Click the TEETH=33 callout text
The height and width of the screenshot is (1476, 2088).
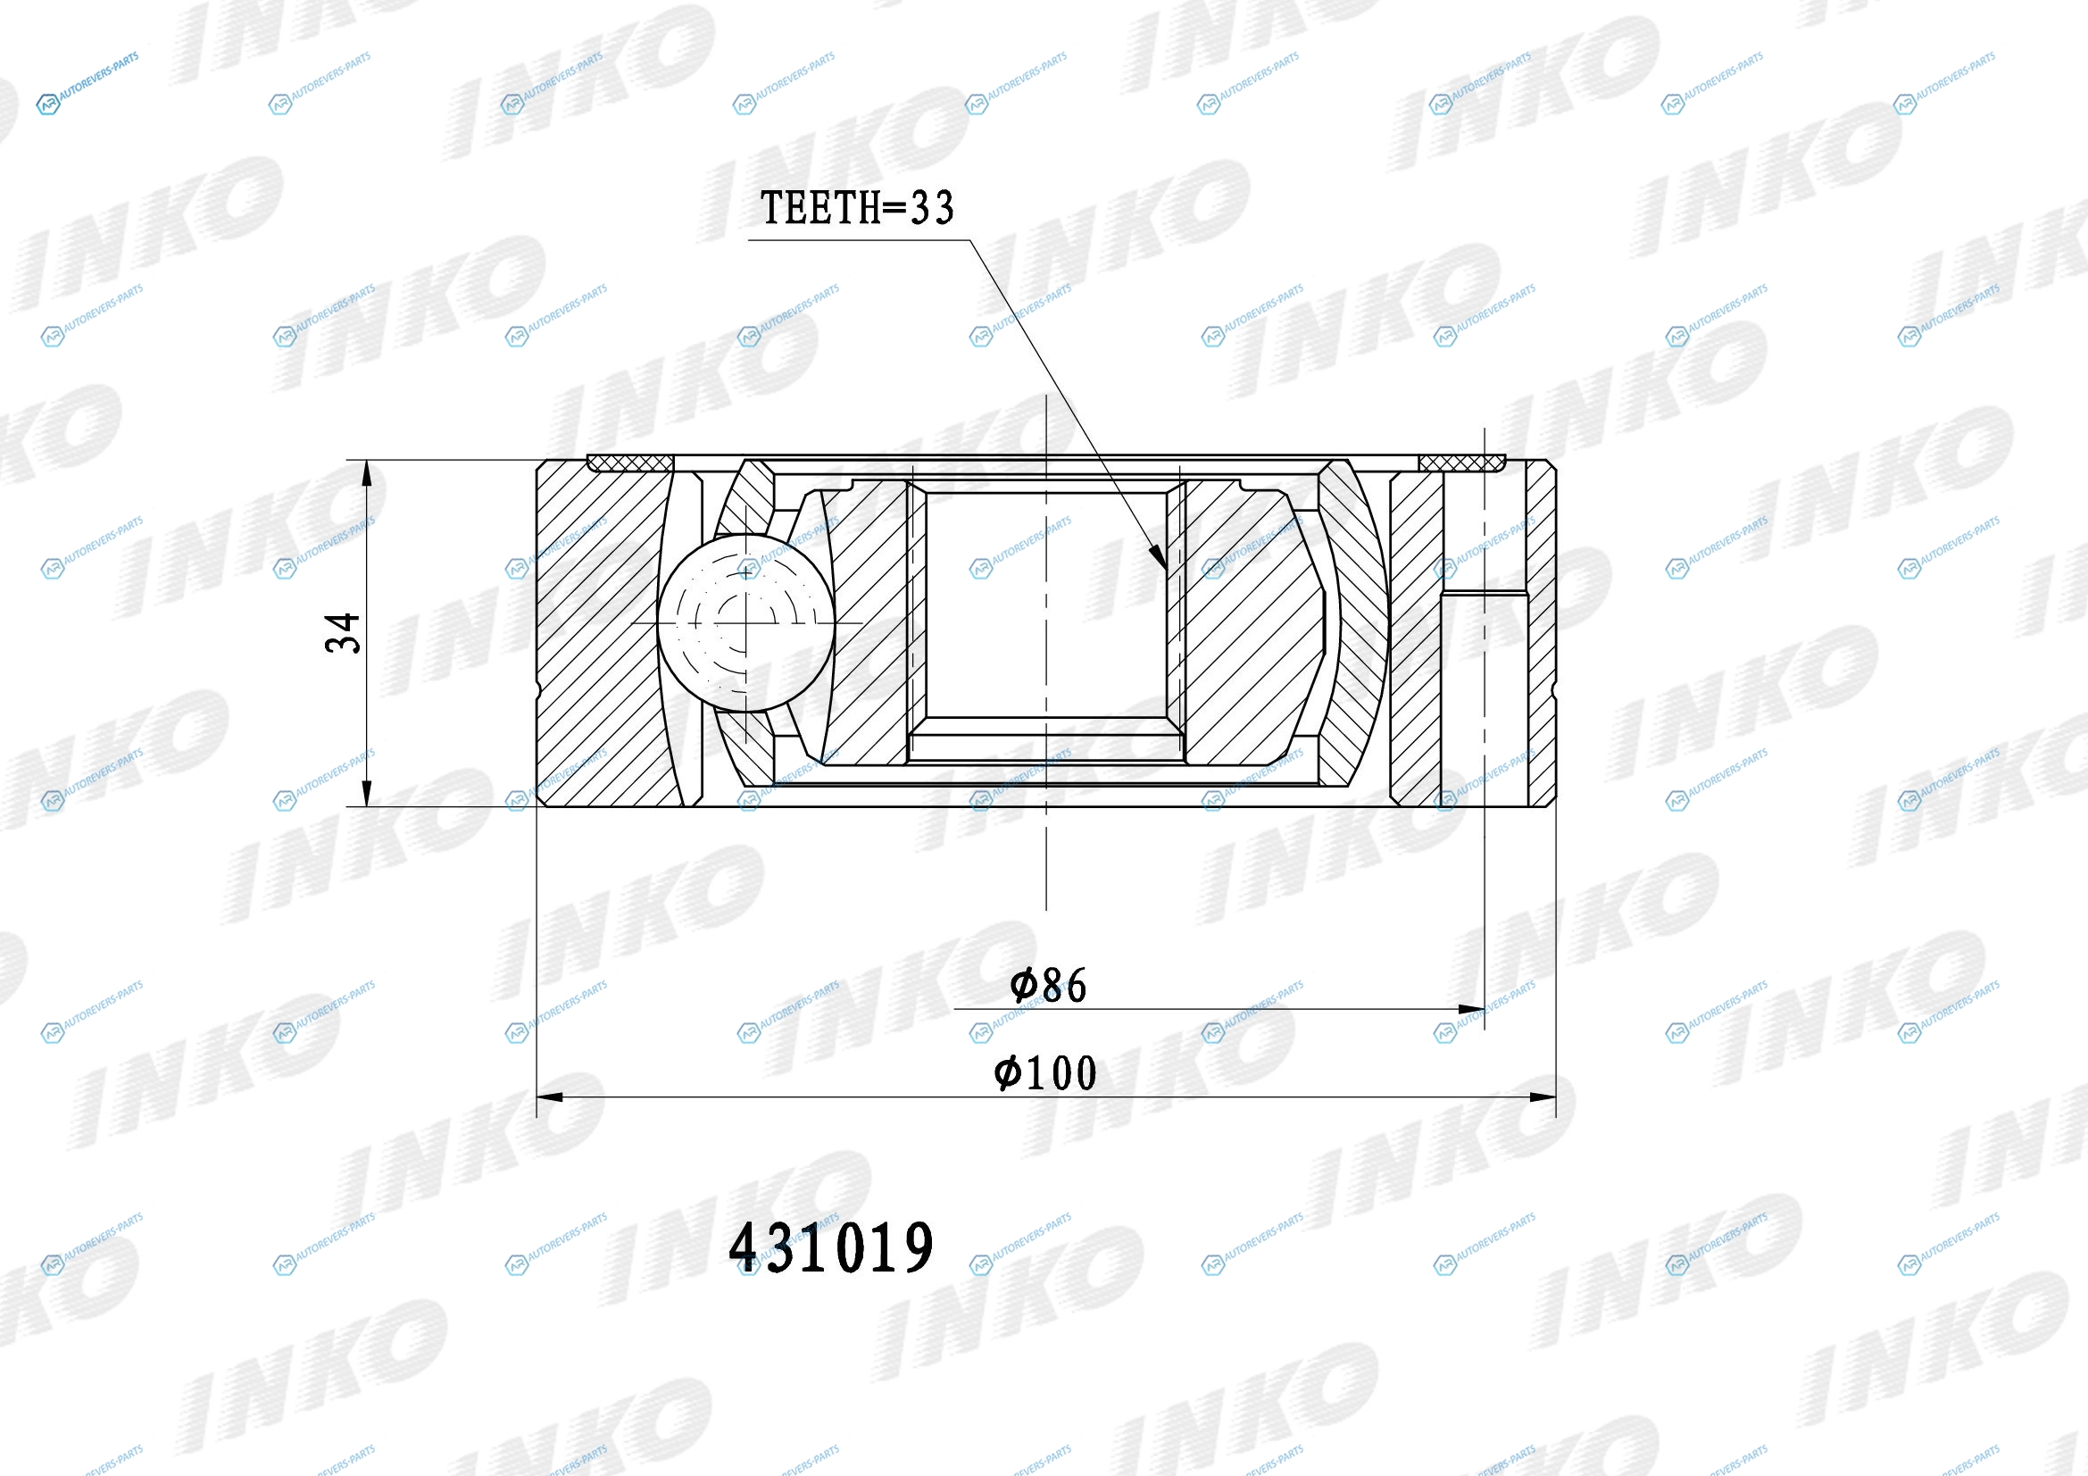[x=857, y=207]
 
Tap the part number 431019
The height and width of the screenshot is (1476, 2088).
[x=831, y=1247]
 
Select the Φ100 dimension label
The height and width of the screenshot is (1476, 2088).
[x=1046, y=1073]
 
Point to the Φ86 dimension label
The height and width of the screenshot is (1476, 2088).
[x=1048, y=985]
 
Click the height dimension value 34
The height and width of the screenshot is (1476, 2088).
[x=343, y=633]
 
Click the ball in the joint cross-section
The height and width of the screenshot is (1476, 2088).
[x=745, y=622]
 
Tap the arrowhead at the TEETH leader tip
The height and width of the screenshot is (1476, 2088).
[x=1158, y=556]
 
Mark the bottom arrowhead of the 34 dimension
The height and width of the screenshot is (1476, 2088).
[x=367, y=794]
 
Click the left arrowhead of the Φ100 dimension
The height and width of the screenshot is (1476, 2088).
[x=551, y=1097]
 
